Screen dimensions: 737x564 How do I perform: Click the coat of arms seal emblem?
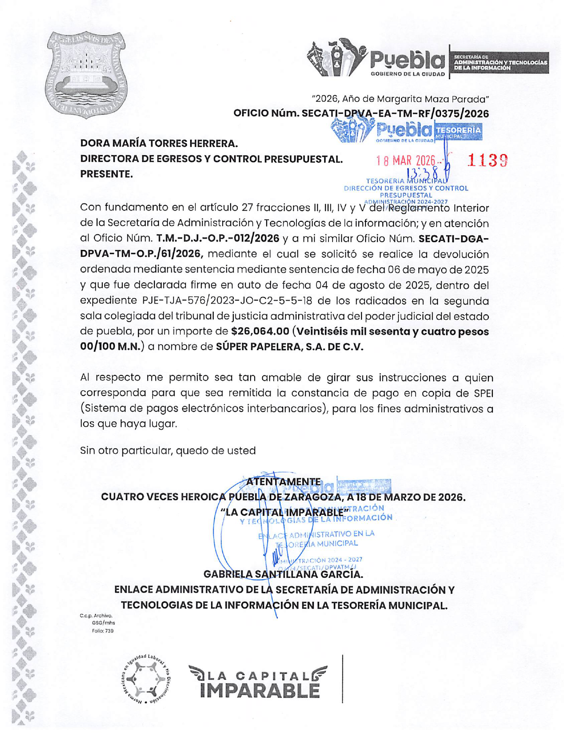87,74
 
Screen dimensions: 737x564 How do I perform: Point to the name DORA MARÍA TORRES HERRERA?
159,143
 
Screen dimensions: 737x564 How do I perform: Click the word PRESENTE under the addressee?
106,174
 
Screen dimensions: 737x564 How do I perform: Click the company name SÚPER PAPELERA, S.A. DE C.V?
289,347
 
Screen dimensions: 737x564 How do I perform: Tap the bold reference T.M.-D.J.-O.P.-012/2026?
218,239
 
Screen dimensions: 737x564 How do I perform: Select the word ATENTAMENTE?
283,482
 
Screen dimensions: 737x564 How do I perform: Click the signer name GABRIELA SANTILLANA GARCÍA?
283,574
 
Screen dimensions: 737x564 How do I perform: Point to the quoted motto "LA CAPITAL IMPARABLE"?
285,512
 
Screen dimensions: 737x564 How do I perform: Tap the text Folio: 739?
103,631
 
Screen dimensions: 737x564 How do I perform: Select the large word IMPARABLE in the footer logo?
260,691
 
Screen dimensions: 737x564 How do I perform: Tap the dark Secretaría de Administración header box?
500,63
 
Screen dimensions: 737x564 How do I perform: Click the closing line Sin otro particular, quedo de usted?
168,451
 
